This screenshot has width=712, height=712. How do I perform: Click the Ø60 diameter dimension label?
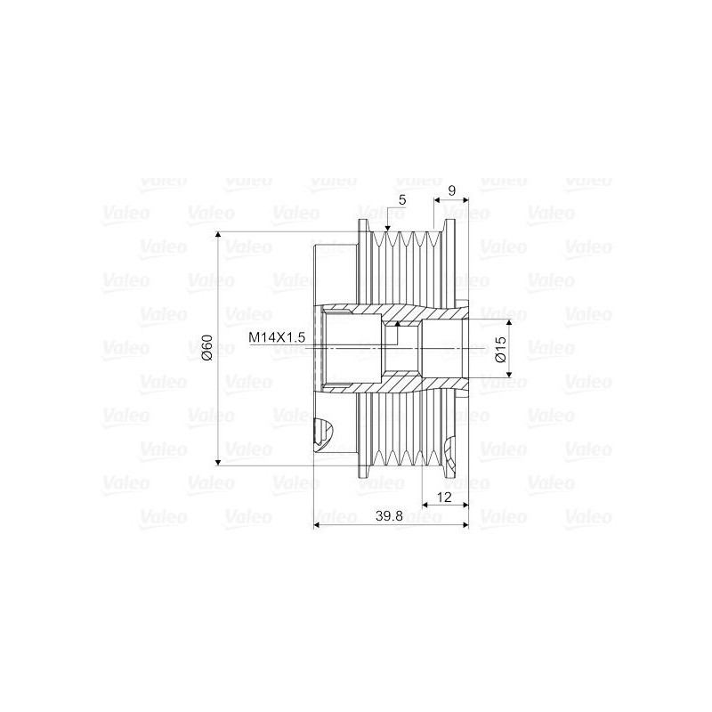coord(206,348)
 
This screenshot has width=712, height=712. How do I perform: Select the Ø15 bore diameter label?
coord(500,348)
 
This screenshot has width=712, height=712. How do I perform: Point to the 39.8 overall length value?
coord(391,516)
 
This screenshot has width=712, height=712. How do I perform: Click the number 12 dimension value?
coord(445,495)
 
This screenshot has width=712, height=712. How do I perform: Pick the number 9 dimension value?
coord(452,190)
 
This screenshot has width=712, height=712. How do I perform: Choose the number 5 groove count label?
coord(402,201)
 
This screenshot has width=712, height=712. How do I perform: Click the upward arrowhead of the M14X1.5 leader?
coord(387,326)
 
